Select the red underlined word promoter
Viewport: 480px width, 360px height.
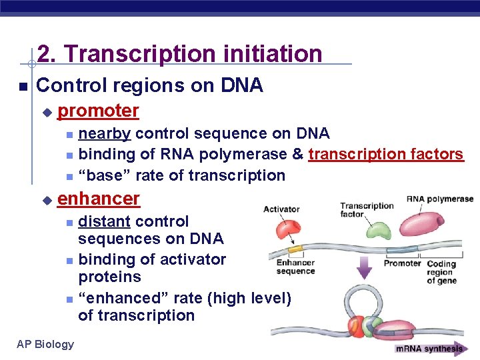(98, 110)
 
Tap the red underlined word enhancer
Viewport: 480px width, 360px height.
(99, 198)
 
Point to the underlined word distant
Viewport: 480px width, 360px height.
(105, 221)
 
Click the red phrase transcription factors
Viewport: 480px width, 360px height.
(385, 154)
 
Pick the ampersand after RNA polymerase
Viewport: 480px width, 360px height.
(297, 154)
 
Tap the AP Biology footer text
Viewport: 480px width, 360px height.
(45, 343)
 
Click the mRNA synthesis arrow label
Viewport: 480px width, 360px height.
(430, 348)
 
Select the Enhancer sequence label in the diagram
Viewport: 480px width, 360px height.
(295, 267)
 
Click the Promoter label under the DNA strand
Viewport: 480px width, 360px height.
(402, 263)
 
